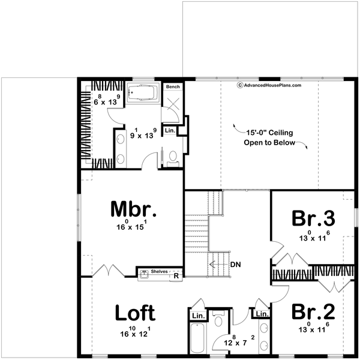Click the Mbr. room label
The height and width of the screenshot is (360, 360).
point(133,209)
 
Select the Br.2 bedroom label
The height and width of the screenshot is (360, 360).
point(313,313)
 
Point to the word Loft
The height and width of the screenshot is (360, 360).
point(135,313)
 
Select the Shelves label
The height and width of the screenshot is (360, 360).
point(160,272)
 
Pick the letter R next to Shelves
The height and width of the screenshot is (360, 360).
point(176,275)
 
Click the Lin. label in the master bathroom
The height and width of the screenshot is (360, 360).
point(169,130)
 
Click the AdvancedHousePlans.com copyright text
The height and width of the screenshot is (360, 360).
point(269,85)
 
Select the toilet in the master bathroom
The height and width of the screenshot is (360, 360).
point(172,158)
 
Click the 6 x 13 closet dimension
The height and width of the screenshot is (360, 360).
point(107,101)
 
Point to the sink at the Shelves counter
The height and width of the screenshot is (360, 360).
point(144,275)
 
